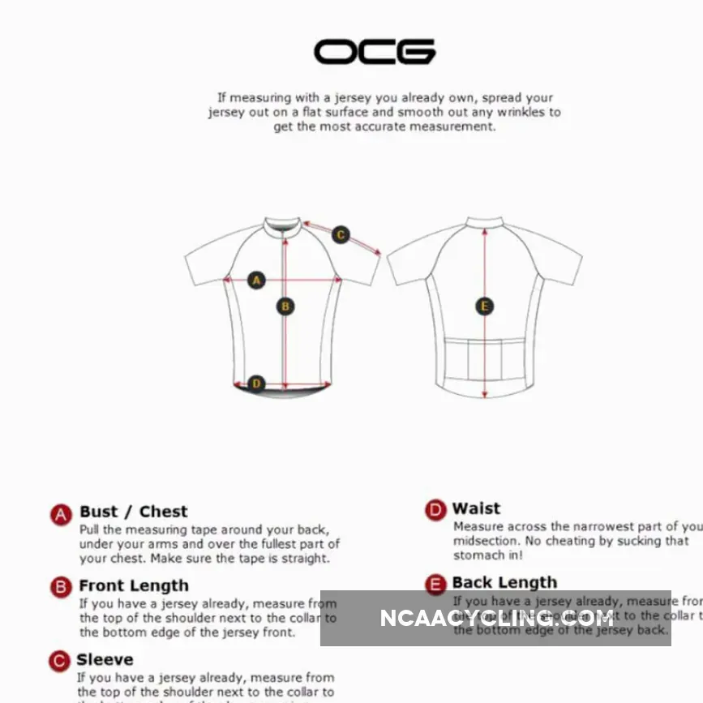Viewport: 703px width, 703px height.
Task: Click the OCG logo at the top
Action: [x=375, y=51]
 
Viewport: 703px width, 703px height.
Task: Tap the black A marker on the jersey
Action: [x=256, y=281]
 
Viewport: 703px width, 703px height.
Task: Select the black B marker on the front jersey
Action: [x=285, y=306]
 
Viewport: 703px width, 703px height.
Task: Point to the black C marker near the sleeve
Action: [x=341, y=235]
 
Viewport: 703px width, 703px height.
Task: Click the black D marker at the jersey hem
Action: [x=256, y=384]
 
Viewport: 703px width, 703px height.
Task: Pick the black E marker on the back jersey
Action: [x=484, y=306]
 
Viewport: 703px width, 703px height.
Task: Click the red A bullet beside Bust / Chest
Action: [x=61, y=514]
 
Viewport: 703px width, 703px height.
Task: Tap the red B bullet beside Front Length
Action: [x=61, y=587]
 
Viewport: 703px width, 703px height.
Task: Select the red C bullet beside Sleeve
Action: [x=59, y=662]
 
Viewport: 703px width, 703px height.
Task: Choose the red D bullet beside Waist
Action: [x=435, y=510]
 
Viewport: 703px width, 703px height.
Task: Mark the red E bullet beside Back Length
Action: [x=435, y=584]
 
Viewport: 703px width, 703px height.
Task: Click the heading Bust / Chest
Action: [x=133, y=512]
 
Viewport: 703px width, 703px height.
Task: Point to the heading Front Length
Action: [x=134, y=585]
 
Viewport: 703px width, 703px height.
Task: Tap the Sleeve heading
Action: [x=105, y=659]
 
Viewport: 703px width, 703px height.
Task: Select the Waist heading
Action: [x=476, y=508]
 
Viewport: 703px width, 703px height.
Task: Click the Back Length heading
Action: [x=504, y=582]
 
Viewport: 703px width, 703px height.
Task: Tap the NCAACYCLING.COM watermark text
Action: [x=496, y=618]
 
